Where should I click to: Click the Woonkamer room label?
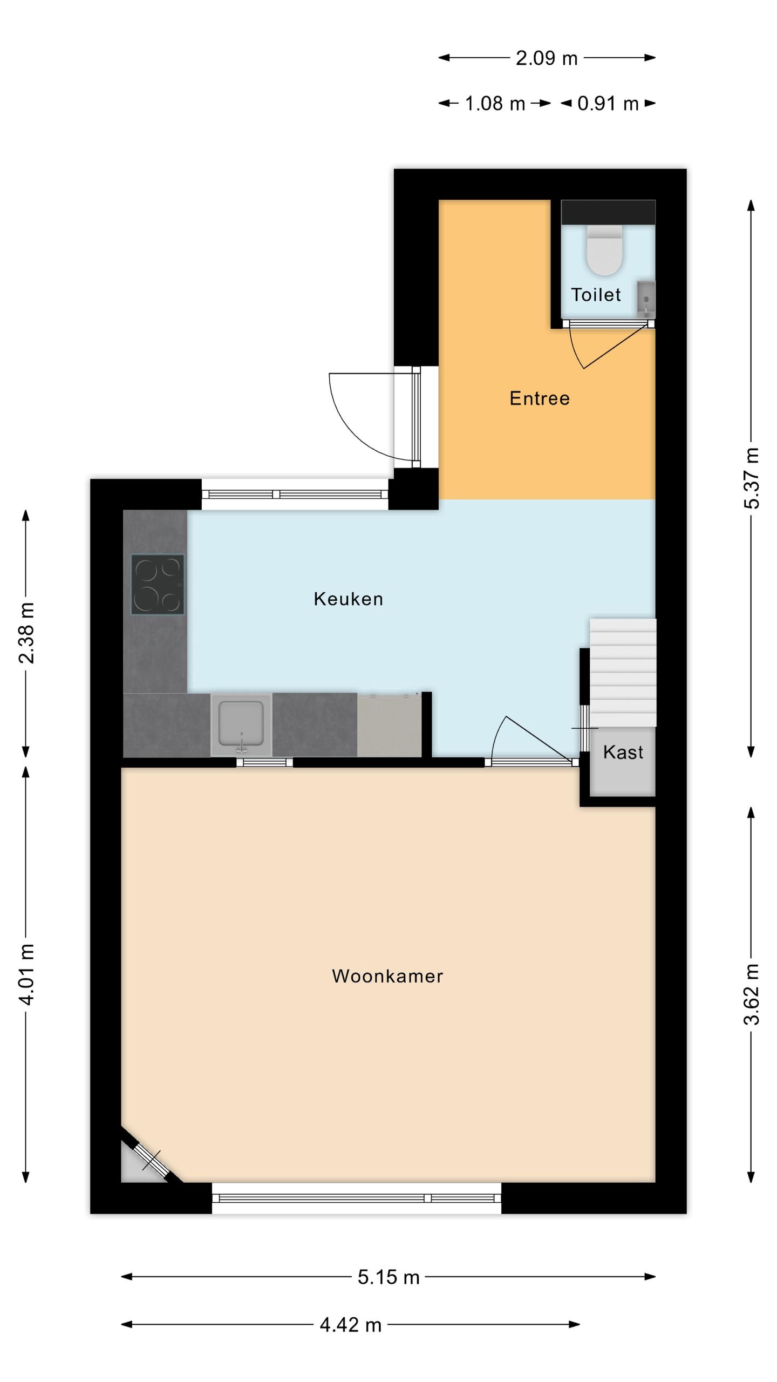pos(387,976)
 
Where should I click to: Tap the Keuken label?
pos(349,599)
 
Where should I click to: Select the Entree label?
pos(540,398)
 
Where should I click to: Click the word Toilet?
pos(596,295)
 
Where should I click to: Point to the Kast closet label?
pos(623,752)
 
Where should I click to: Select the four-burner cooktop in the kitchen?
pos(158,585)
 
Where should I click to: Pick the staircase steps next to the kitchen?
pos(623,672)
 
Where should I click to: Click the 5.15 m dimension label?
pos(388,1277)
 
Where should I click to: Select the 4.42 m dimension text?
pos(350,1325)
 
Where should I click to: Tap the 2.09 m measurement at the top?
pos(546,58)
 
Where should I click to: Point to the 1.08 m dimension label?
pos(495,104)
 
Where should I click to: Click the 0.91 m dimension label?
pos(608,104)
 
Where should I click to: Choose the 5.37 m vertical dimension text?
pos(752,478)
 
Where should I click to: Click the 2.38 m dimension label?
pos(26,633)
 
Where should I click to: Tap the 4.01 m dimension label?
pos(26,974)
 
